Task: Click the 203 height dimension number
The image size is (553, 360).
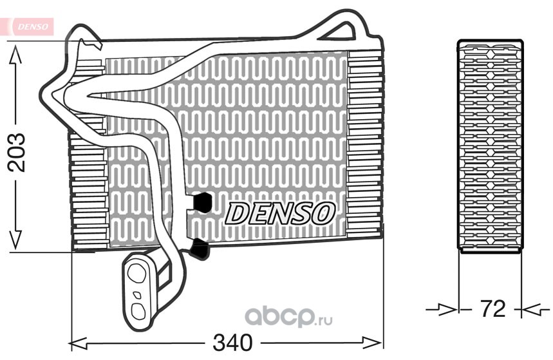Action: [x=17, y=153]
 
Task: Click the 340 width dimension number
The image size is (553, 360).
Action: [x=233, y=343]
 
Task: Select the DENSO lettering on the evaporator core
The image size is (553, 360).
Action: [x=279, y=213]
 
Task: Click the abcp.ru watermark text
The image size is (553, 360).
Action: [x=288, y=317]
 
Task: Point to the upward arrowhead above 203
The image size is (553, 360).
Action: [x=15, y=56]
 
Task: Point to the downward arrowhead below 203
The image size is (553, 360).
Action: [x=15, y=240]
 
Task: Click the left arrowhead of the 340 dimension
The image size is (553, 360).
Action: [x=79, y=343]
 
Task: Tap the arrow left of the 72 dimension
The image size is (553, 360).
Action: [x=442, y=310]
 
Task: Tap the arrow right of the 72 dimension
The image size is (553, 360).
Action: [x=536, y=310]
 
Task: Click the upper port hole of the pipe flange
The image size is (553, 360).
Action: [x=136, y=273]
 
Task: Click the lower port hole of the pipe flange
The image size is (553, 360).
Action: [x=138, y=310]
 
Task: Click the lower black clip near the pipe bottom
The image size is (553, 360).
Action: [x=200, y=249]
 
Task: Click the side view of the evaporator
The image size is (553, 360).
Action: [x=490, y=146]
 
